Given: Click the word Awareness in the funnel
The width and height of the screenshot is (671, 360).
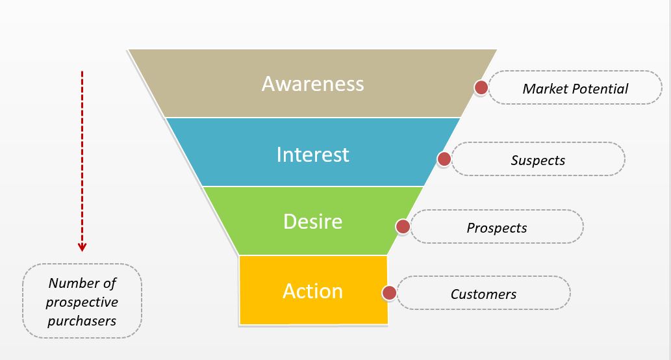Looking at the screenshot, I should click(312, 84).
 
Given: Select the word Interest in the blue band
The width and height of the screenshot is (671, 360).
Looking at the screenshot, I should click(312, 154).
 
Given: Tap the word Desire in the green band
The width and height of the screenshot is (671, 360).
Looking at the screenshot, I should click(312, 222).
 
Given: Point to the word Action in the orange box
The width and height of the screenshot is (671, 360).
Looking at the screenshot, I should click(312, 290).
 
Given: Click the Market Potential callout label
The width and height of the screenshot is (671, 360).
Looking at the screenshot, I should click(575, 88).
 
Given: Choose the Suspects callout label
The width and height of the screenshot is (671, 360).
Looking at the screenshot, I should click(538, 160).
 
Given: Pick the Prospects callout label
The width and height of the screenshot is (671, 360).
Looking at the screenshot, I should click(496, 227).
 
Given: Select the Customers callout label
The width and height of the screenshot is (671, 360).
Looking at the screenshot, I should click(483, 294).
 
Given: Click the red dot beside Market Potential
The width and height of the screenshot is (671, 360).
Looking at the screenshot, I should click(481, 88).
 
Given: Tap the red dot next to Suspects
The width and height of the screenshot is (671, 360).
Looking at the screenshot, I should click(444, 159).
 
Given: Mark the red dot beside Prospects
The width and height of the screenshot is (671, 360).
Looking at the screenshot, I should click(403, 226).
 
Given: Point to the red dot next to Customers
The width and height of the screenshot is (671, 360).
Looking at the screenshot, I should click(389, 293).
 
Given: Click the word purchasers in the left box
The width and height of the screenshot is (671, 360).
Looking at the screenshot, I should click(82, 320).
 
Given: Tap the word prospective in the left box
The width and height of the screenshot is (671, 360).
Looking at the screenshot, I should click(82, 302).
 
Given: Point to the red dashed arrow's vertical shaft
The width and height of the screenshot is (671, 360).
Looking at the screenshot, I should click(82, 156).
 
